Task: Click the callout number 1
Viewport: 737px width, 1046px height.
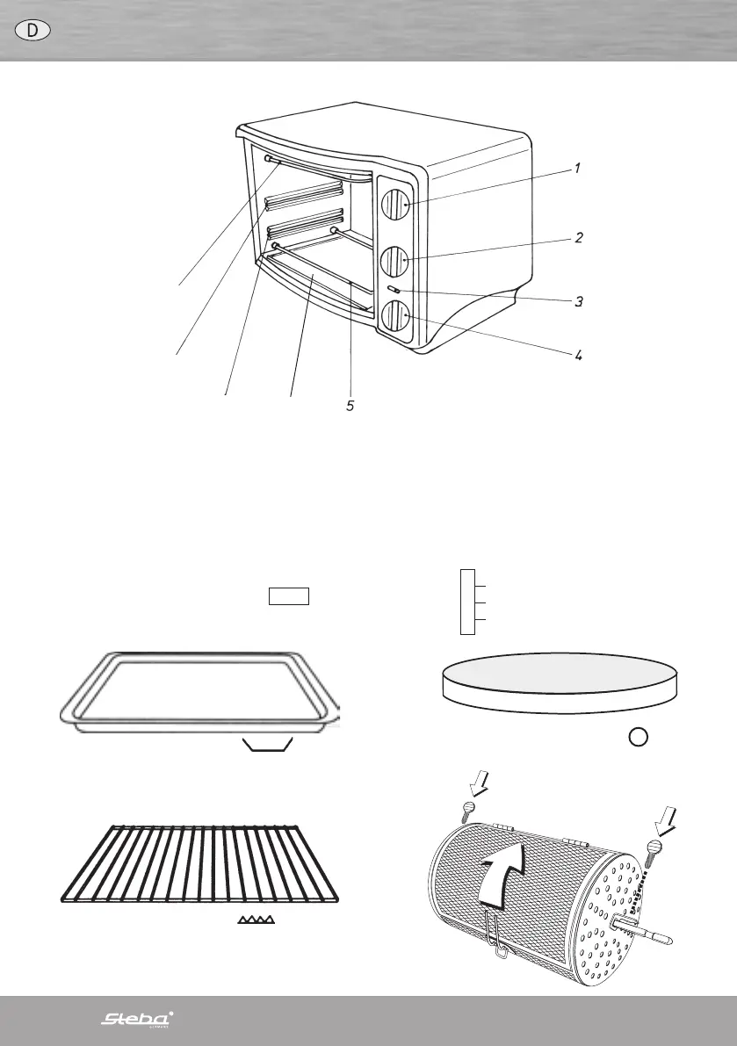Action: pyautogui.click(x=577, y=167)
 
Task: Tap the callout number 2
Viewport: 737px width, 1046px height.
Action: pyautogui.click(x=578, y=238)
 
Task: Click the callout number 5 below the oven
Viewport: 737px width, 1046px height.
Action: pyautogui.click(x=350, y=407)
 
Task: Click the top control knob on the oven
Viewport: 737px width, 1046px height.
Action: pyautogui.click(x=395, y=205)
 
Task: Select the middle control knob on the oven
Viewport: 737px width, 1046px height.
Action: pyautogui.click(x=394, y=260)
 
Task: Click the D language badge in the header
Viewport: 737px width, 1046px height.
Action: pyautogui.click(x=33, y=29)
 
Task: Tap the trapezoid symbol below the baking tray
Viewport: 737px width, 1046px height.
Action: pyautogui.click(x=267, y=746)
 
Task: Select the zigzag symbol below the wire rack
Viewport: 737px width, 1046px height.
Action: pyautogui.click(x=256, y=920)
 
